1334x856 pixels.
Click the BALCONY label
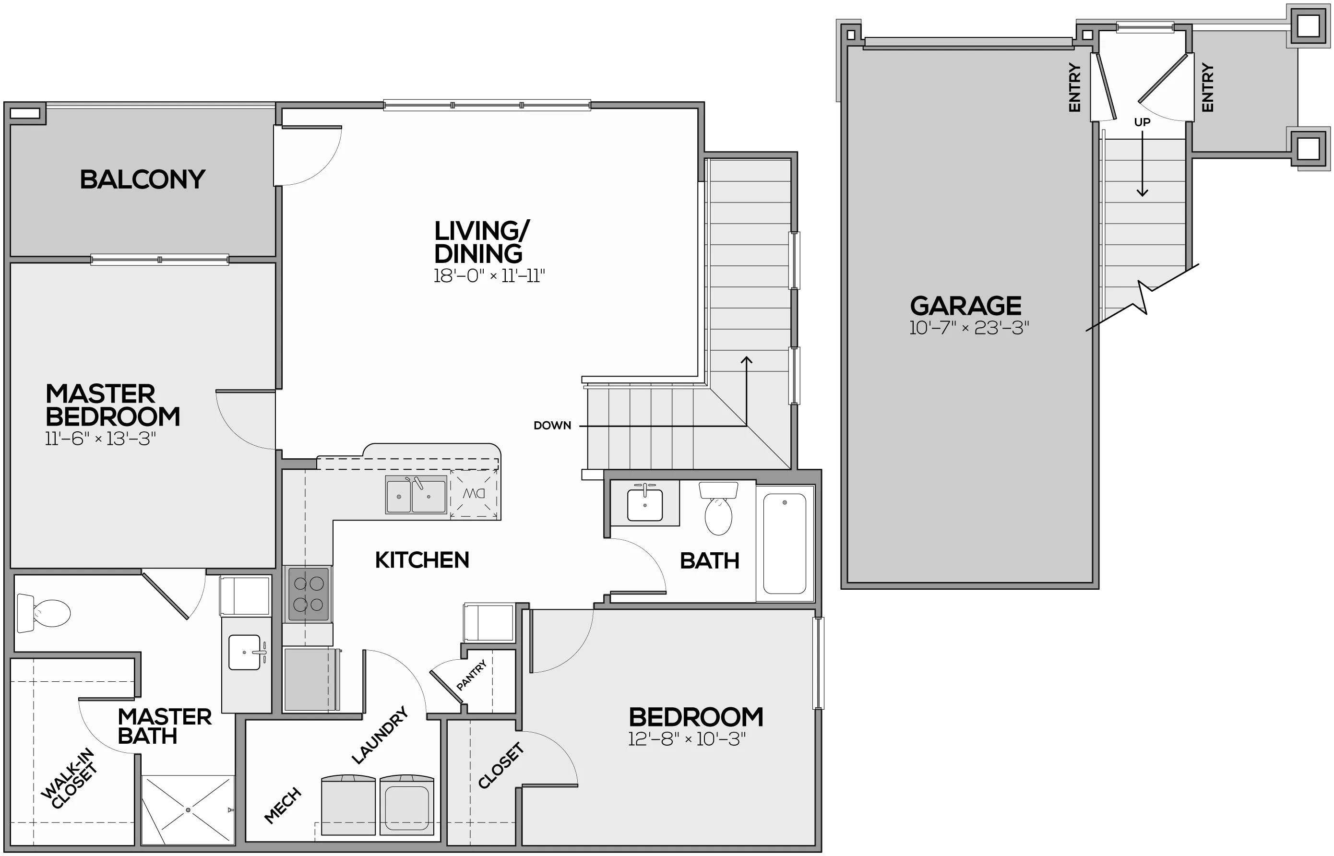click(x=143, y=179)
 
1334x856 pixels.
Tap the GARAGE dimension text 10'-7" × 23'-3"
click(x=969, y=328)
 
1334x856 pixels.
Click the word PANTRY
click(x=472, y=675)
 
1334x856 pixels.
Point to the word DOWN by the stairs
click(x=552, y=425)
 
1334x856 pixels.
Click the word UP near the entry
click(x=1142, y=122)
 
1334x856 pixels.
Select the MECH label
click(x=283, y=806)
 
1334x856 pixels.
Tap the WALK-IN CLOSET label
click(x=70, y=779)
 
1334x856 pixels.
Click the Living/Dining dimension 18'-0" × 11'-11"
click(x=489, y=276)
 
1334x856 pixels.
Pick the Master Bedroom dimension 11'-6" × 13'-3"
click(x=101, y=439)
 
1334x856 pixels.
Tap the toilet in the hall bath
click(x=718, y=508)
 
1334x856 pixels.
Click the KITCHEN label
click(x=422, y=560)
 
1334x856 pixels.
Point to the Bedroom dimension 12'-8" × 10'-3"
click(x=687, y=739)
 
